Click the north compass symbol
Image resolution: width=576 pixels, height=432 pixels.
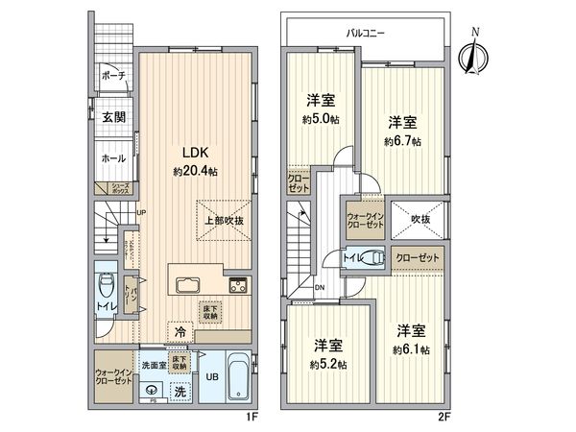[x=471, y=55]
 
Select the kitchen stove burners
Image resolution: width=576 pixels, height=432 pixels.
[x=237, y=285]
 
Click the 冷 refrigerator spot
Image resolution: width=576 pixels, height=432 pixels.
[x=180, y=331]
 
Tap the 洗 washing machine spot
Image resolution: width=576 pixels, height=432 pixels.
[x=180, y=391]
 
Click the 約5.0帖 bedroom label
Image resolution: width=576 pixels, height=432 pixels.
[x=320, y=110]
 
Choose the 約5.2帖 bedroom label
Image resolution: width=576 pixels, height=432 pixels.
[x=327, y=354]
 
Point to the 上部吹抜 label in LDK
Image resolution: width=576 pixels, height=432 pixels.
[x=222, y=220]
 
